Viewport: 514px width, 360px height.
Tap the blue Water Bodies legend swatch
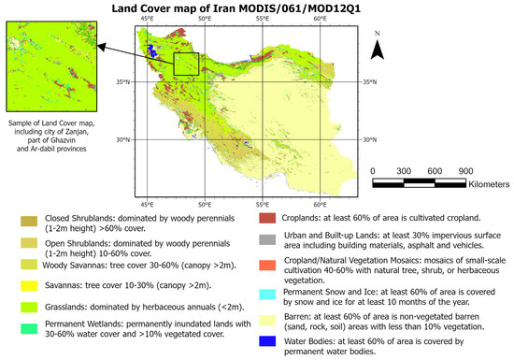pos(266,338)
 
